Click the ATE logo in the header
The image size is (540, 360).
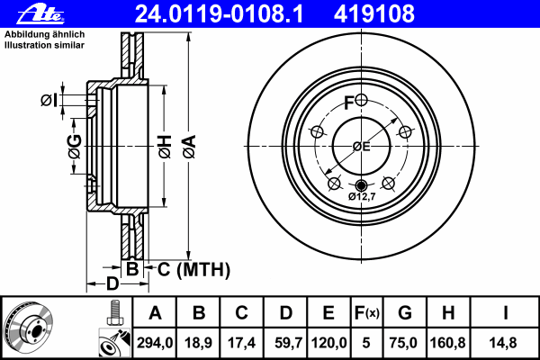[x=40, y=14]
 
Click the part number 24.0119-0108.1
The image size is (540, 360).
[x=219, y=14]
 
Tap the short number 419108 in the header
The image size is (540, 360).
[x=374, y=14]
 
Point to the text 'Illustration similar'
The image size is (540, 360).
[x=44, y=45]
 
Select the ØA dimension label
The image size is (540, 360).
[x=189, y=147]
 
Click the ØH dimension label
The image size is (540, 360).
[x=165, y=147]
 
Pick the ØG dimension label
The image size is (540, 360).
[x=75, y=147]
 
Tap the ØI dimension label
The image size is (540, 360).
[x=49, y=100]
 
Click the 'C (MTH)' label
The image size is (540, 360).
[x=193, y=269]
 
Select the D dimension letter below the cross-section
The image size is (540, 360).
[x=112, y=283]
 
